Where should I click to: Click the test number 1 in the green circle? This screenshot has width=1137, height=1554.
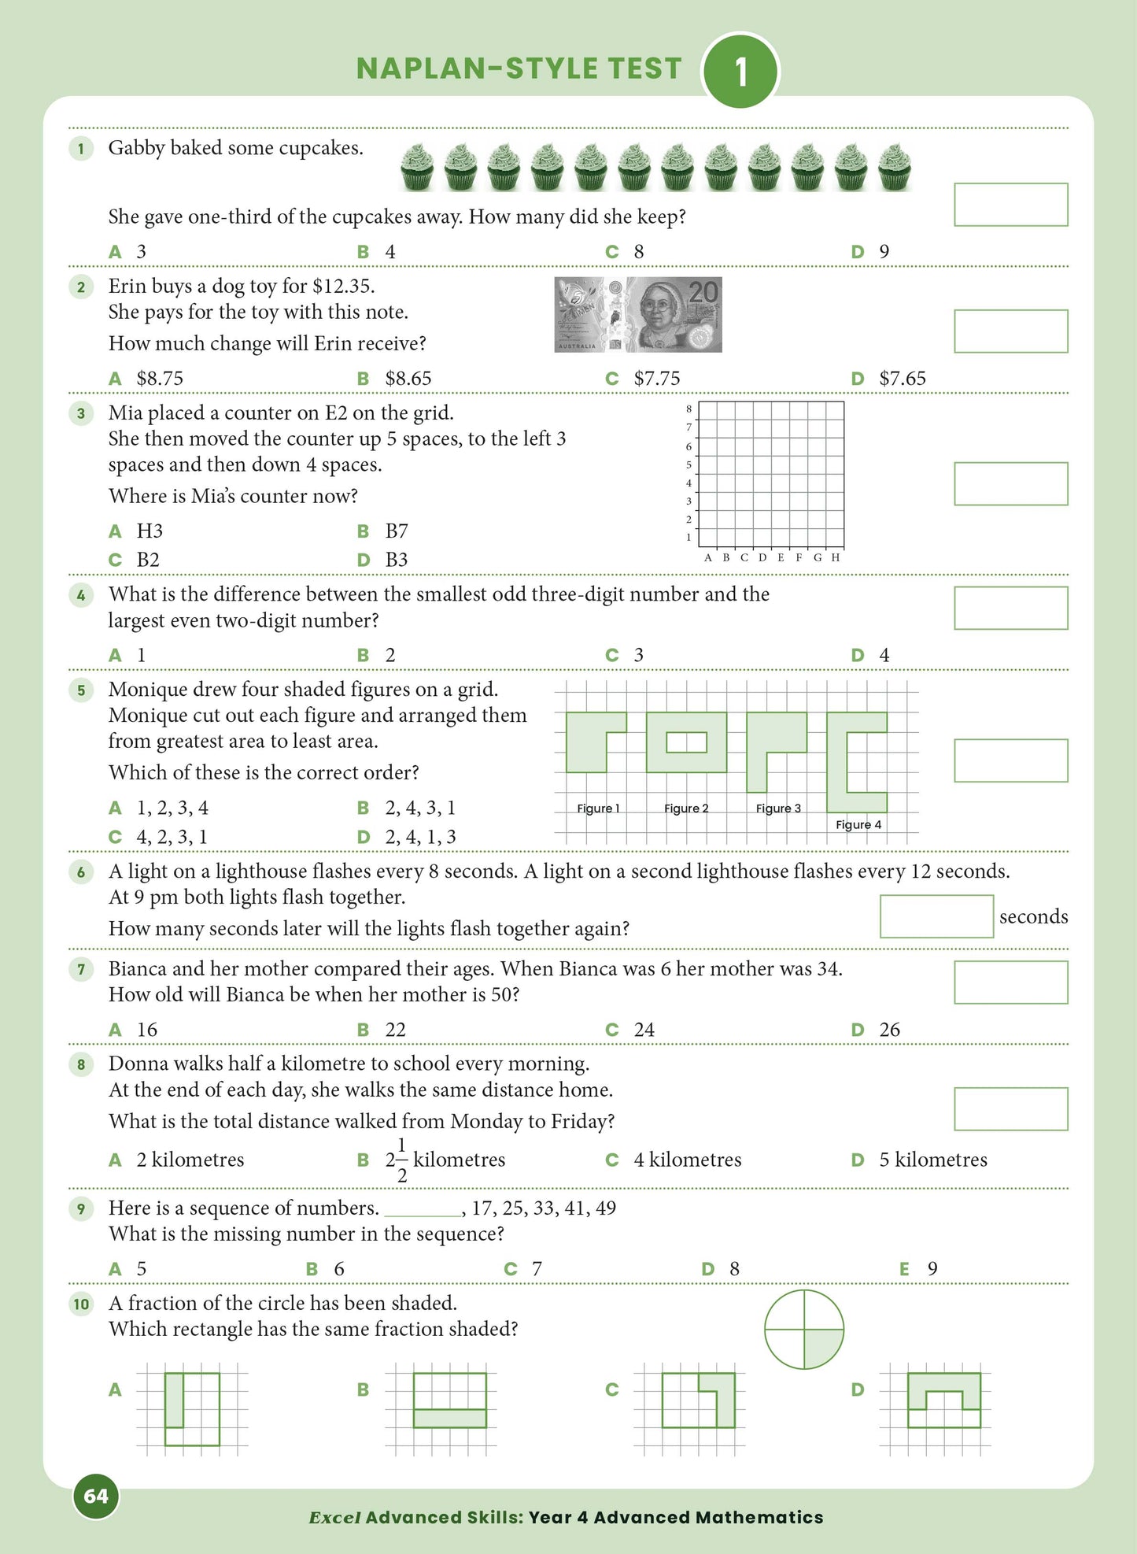pyautogui.click(x=740, y=72)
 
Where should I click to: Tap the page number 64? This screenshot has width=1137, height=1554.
pyautogui.click(x=96, y=1496)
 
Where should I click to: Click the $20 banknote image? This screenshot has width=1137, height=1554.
pyautogui.click(x=638, y=314)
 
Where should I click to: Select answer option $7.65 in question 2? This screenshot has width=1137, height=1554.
pyautogui.click(x=902, y=379)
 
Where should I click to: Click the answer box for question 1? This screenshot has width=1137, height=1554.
pyautogui.click(x=1010, y=205)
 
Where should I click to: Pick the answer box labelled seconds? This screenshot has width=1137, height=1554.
pyautogui.click(x=936, y=916)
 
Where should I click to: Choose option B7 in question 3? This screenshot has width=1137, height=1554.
pyautogui.click(x=396, y=531)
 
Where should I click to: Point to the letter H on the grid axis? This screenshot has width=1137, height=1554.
pyautogui.click(x=836, y=557)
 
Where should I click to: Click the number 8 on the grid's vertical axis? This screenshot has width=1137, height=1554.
pyautogui.click(x=688, y=409)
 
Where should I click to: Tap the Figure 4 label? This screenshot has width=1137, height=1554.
pyautogui.click(x=858, y=824)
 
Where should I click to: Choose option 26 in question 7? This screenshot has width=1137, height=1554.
pyautogui.click(x=889, y=1030)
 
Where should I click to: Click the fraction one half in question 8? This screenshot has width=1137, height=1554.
pyautogui.click(x=402, y=1160)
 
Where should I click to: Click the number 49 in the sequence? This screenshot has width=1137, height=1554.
pyautogui.click(x=605, y=1208)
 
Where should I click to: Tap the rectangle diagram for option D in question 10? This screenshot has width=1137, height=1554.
pyautogui.click(x=943, y=1400)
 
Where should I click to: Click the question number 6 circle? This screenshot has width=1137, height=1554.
pyautogui.click(x=81, y=871)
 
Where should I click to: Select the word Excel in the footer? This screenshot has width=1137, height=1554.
pyautogui.click(x=334, y=1518)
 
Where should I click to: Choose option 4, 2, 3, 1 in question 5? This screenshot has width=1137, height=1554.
pyautogui.click(x=172, y=837)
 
